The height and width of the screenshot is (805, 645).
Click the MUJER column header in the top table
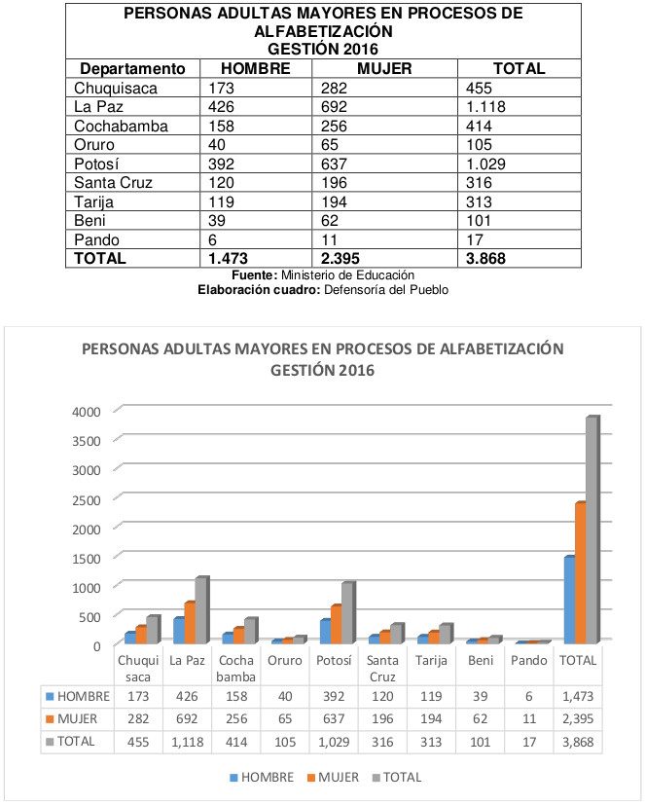[x=384, y=69]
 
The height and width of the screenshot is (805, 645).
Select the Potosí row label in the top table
[x=96, y=164]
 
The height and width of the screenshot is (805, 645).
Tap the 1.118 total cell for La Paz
[x=485, y=107]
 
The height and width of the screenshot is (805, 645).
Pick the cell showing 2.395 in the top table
[x=340, y=258]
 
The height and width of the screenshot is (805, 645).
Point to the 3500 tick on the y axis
[x=87, y=441]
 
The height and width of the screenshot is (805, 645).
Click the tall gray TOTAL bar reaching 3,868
[x=592, y=530]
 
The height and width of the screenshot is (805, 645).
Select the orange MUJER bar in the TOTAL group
[x=581, y=573]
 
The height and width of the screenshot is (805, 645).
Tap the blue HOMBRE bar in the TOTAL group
[x=569, y=600]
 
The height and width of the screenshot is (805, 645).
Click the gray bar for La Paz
[x=201, y=610]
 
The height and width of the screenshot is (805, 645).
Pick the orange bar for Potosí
[x=336, y=624]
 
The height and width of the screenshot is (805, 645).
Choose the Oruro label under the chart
[x=285, y=660]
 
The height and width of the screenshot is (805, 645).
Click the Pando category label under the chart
[x=529, y=660]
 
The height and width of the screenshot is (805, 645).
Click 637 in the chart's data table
[x=334, y=718]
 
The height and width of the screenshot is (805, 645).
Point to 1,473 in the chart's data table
[x=578, y=697]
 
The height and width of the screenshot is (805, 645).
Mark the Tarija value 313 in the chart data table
[x=431, y=742]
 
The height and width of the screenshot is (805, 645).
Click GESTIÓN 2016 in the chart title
[x=322, y=370]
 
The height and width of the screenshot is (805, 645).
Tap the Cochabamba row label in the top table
[x=121, y=126]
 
